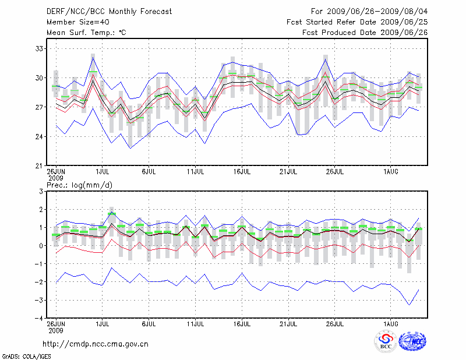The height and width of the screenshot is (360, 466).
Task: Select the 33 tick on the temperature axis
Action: pos(39,48)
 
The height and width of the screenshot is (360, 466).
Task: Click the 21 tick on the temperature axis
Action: pos(39,166)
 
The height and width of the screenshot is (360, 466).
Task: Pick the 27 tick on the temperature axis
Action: pos(39,107)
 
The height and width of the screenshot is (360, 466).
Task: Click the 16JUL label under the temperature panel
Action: pos(241,172)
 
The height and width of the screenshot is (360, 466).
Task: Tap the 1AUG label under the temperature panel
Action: pos(390,172)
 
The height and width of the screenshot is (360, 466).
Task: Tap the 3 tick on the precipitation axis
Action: pos(41,191)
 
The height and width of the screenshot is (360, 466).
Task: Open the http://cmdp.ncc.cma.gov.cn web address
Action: pos(96,344)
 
